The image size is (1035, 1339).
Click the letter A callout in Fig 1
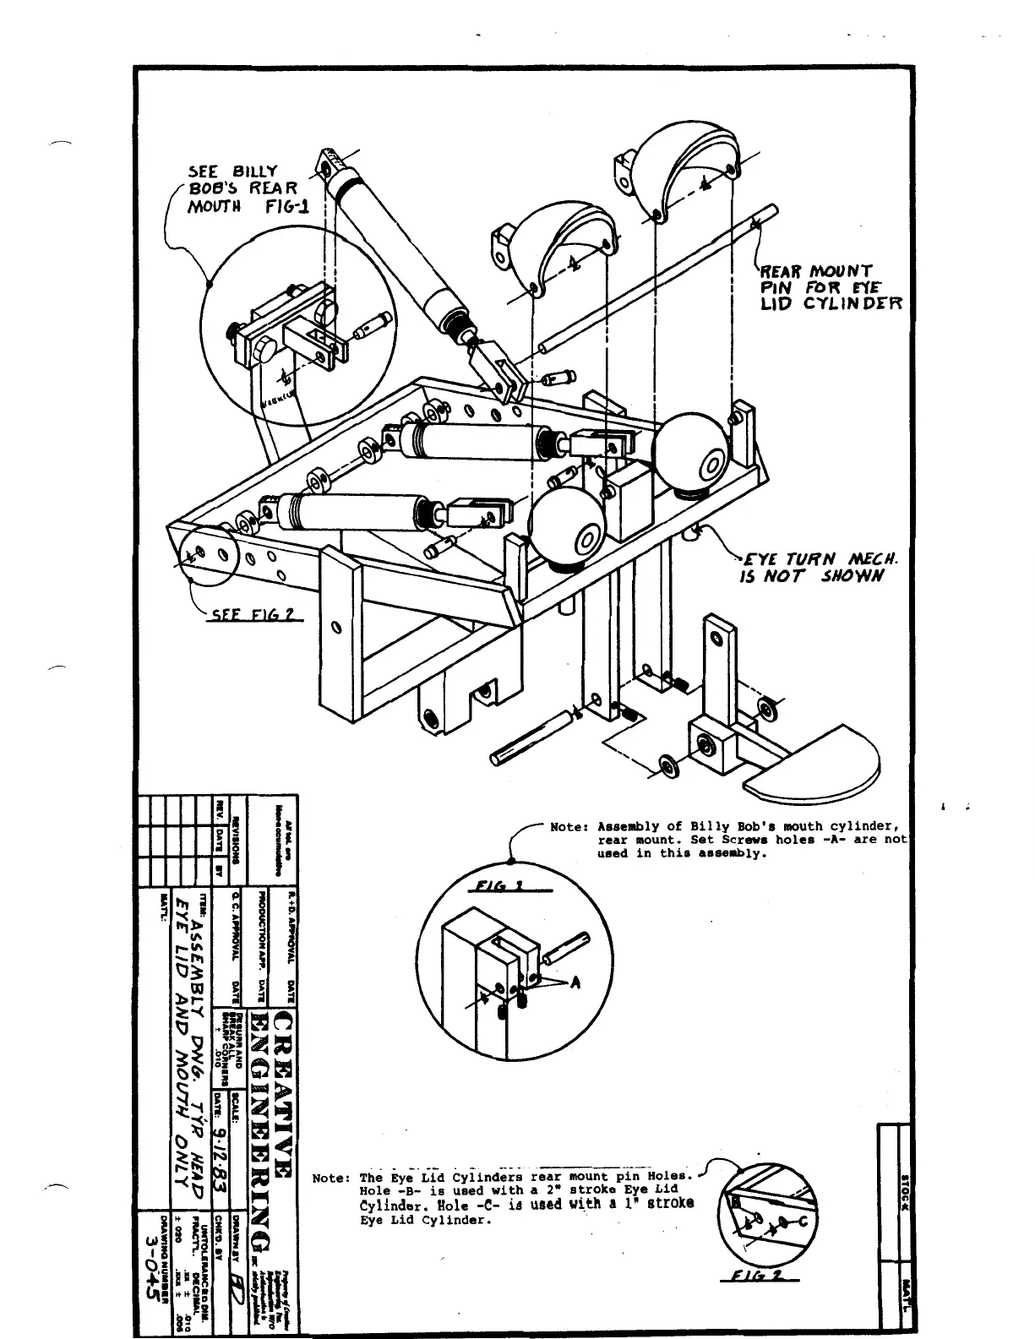577,982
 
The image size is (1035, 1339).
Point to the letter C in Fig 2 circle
803,1222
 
